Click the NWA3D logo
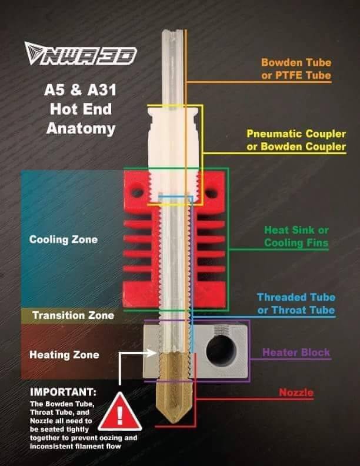pyautogui.click(x=80, y=54)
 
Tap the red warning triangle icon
pyautogui.click(x=120, y=412)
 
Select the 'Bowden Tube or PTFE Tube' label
pyautogui.click(x=296, y=69)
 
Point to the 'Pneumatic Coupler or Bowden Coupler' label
pyautogui.click(x=296, y=140)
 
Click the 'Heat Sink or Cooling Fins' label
pyautogui.click(x=296, y=237)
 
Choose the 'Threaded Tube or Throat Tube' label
pyautogui.click(x=296, y=304)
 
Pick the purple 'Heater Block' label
pyautogui.click(x=296, y=352)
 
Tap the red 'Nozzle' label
pyautogui.click(x=296, y=392)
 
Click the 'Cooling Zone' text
pyautogui.click(x=64, y=239)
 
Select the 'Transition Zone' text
pyautogui.click(x=73, y=315)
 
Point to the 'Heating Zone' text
pyautogui.click(x=64, y=355)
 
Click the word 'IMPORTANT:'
pyautogui.click(x=64, y=392)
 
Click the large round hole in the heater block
pyautogui.click(x=221, y=351)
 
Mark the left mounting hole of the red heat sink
pyautogui.click(x=137, y=192)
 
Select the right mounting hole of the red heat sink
pyautogui.click(x=211, y=194)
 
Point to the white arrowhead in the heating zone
pyautogui.click(x=151, y=353)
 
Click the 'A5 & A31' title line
pyautogui.click(x=80, y=90)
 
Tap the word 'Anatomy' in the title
pyautogui.click(x=81, y=129)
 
